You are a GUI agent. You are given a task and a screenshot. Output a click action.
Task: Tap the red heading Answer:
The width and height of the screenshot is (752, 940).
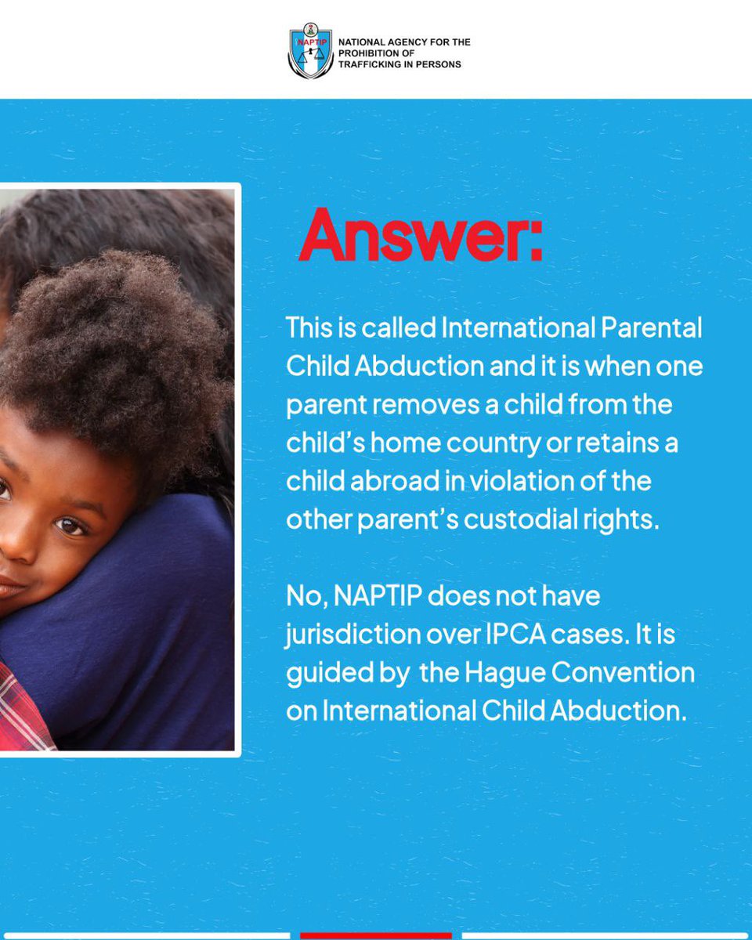[420, 236]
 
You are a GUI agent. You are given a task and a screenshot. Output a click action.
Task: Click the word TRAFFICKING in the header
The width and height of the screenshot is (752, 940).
[371, 64]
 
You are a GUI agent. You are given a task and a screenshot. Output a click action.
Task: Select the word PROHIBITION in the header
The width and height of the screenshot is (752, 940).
[365, 53]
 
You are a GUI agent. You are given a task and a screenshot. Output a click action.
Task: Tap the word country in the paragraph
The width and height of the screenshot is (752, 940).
[493, 443]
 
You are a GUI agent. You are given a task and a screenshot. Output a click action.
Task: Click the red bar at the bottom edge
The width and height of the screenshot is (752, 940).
[376, 935]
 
